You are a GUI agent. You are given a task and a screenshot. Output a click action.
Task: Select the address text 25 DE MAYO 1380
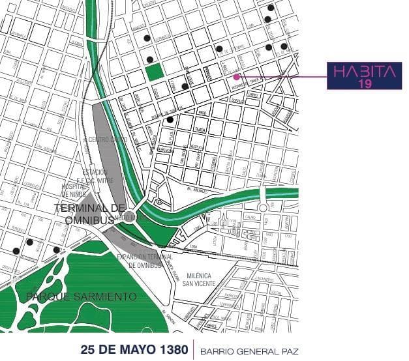click(134, 347)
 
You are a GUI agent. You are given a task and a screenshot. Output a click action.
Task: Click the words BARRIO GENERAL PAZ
click(250, 348)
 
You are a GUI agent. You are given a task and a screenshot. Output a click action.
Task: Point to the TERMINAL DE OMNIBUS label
click(84, 214)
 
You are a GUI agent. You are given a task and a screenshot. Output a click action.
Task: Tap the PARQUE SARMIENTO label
click(82, 297)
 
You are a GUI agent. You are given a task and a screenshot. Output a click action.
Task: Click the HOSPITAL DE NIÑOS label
click(74, 190)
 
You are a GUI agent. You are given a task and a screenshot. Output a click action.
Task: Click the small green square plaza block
click(155, 72)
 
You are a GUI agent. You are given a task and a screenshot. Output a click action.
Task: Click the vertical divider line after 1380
click(193, 348)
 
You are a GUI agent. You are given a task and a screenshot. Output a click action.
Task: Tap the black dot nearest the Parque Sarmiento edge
click(57, 250)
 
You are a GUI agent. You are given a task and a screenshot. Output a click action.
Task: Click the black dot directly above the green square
click(149, 56)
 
